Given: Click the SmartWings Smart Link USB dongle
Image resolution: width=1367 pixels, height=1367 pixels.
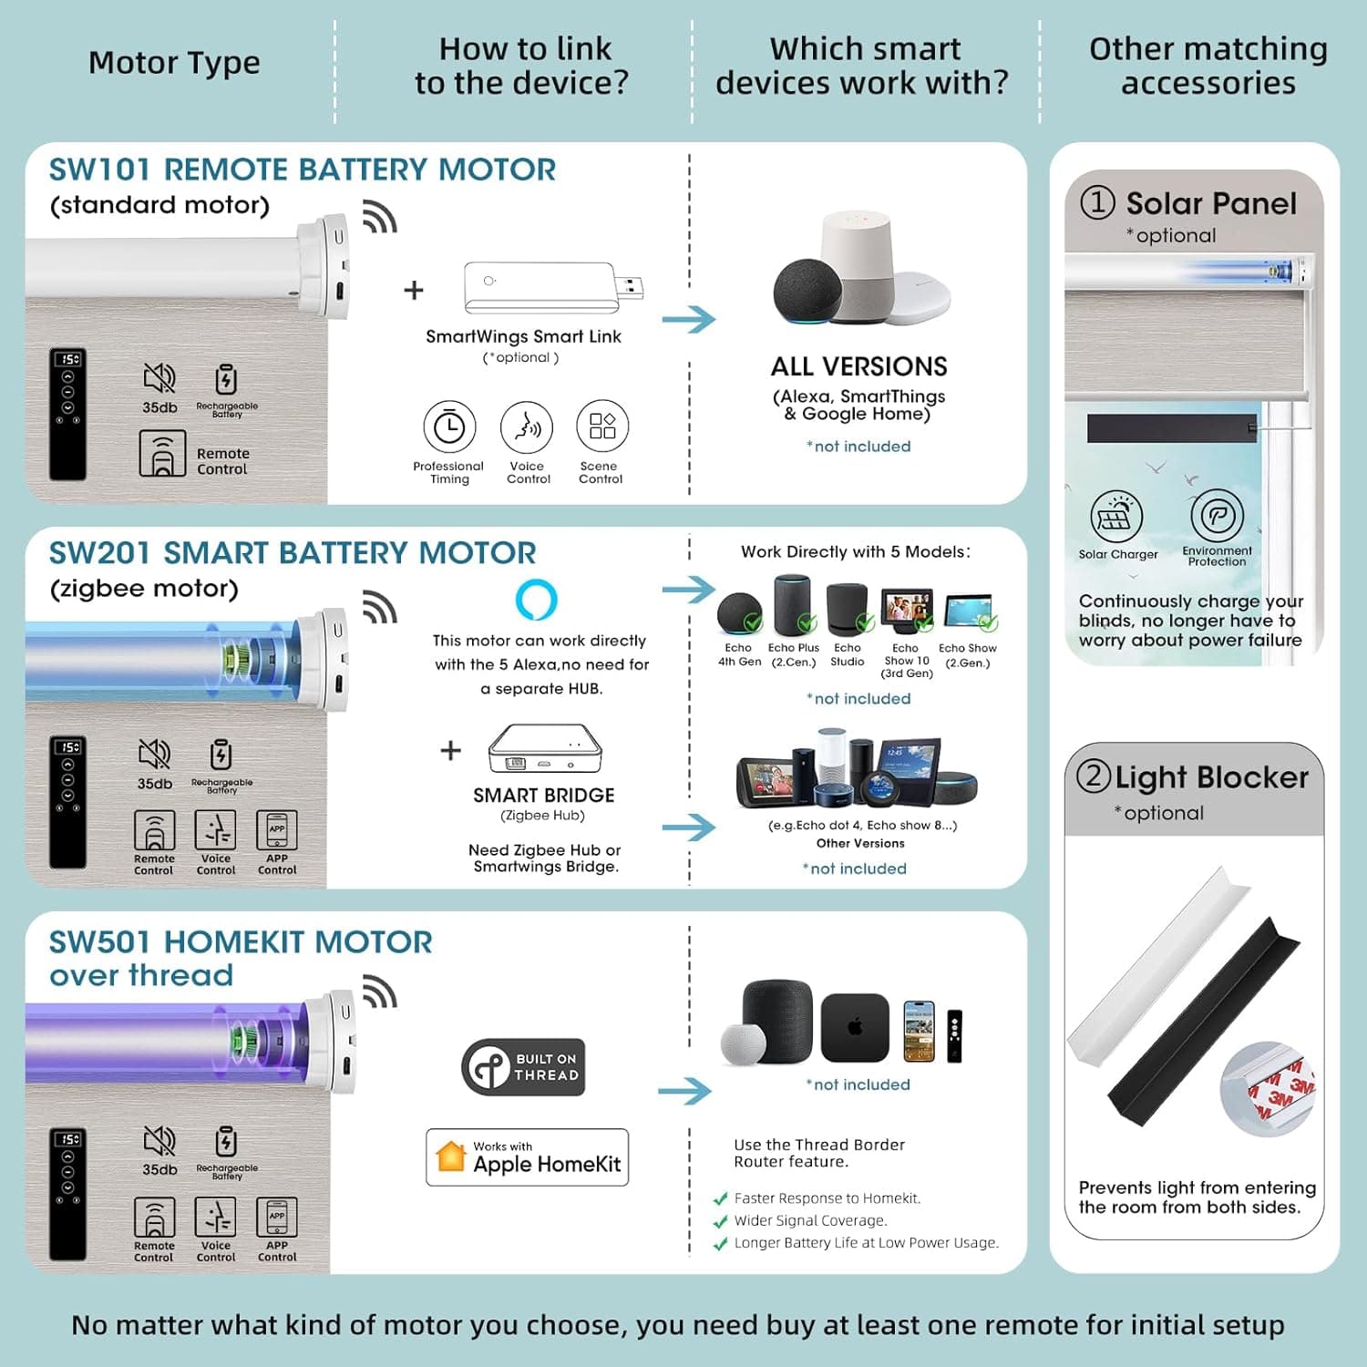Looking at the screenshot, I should [551, 287].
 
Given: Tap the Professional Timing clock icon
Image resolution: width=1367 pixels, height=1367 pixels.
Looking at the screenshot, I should [449, 427].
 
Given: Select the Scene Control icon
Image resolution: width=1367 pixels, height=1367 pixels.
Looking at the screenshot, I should [601, 426].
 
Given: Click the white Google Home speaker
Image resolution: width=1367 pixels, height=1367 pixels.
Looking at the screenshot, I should [858, 264].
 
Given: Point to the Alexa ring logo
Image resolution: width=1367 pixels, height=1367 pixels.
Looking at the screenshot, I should [536, 600].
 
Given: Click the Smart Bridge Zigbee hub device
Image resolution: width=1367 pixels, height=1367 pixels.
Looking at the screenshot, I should [545, 748].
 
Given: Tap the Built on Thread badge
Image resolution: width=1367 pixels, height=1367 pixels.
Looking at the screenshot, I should [523, 1067].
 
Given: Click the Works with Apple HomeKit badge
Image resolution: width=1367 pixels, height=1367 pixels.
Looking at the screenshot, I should [527, 1157].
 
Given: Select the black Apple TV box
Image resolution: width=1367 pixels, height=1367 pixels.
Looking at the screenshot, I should [855, 1028].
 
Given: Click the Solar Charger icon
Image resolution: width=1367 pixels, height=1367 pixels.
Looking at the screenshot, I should [1116, 517].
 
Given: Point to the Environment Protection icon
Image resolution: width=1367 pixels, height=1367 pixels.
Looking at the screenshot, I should [1217, 516].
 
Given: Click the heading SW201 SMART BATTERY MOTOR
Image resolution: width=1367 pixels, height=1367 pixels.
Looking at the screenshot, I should [293, 553].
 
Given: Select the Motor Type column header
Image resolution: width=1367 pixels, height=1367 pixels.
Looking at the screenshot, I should [174, 63].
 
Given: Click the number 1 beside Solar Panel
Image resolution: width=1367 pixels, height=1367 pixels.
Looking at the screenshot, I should [1097, 202].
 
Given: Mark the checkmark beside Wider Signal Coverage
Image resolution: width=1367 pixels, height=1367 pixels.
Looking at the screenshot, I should [720, 1221].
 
